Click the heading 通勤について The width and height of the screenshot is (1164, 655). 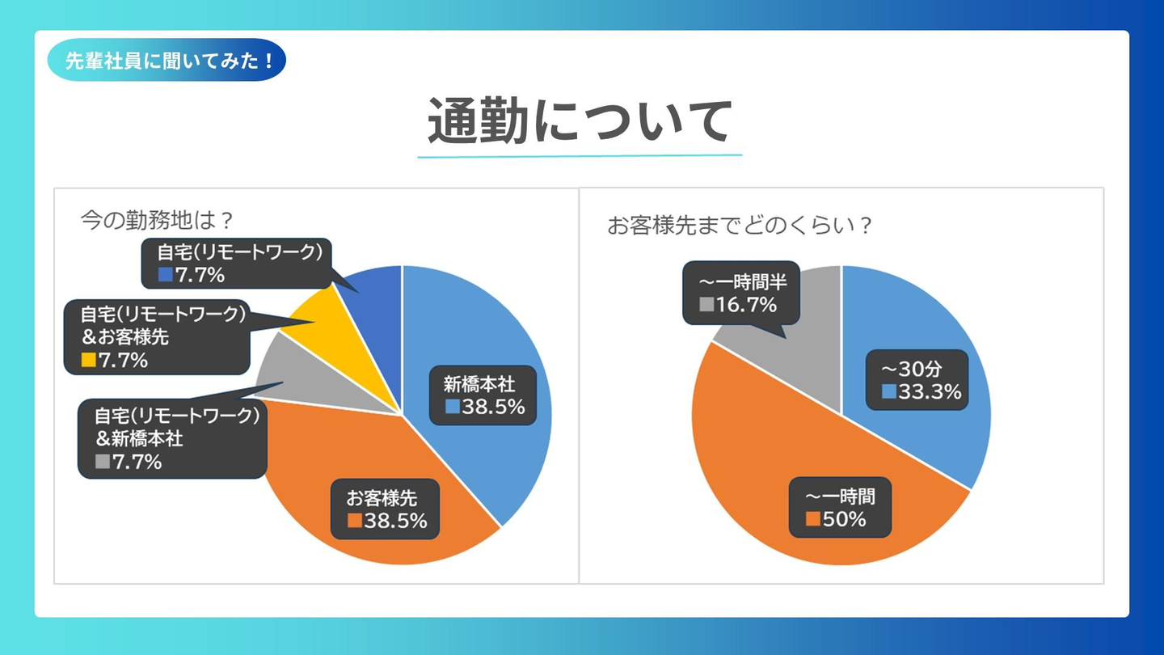click(580, 121)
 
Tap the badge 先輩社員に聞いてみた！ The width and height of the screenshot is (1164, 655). click(167, 61)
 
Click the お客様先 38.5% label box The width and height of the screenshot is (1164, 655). click(385, 509)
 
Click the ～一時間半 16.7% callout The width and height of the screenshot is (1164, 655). click(741, 294)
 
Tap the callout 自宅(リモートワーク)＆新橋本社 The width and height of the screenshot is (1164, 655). click(171, 438)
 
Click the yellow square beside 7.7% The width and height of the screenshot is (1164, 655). click(88, 361)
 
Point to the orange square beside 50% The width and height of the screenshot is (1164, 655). click(812, 519)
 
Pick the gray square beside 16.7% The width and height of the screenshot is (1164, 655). click(706, 305)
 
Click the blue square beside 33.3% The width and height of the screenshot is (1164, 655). click(889, 392)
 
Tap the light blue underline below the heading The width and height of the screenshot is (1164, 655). click(580, 155)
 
